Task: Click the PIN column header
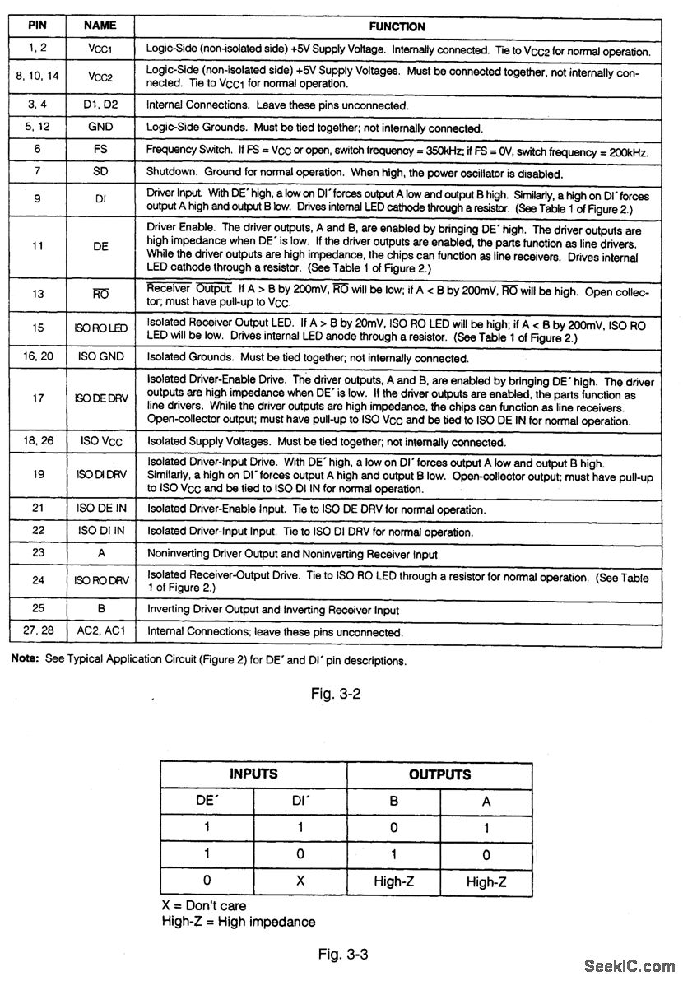(x=37, y=26)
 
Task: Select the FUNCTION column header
(x=397, y=27)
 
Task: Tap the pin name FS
(x=100, y=151)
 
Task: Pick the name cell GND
(x=100, y=128)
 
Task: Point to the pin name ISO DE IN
(x=102, y=509)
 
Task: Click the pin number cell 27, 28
(x=37, y=632)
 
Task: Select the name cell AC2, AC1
(x=102, y=632)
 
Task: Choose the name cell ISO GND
(x=102, y=358)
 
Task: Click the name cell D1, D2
(x=102, y=105)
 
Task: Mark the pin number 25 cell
(x=37, y=610)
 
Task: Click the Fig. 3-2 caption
(x=336, y=694)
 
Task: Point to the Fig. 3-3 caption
(x=342, y=955)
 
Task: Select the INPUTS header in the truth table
(x=253, y=774)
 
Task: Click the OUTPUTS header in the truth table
(x=439, y=774)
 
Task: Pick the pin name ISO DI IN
(x=102, y=532)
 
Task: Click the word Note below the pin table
(x=24, y=660)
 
